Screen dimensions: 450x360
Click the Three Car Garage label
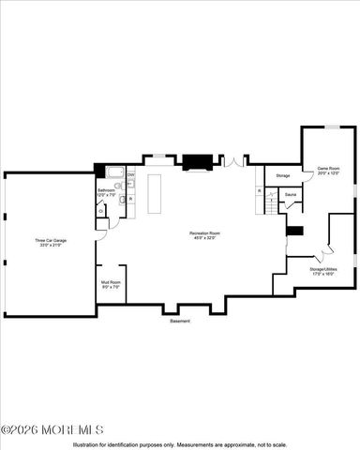click(51, 240)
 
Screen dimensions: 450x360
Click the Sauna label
click(290, 194)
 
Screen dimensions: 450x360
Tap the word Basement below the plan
click(180, 322)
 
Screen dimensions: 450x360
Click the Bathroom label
click(106, 189)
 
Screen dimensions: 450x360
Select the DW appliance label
click(130, 175)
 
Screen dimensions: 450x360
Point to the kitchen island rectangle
click(152, 193)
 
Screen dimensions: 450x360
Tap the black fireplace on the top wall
click(198, 161)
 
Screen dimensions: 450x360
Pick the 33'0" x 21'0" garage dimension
click(51, 246)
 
